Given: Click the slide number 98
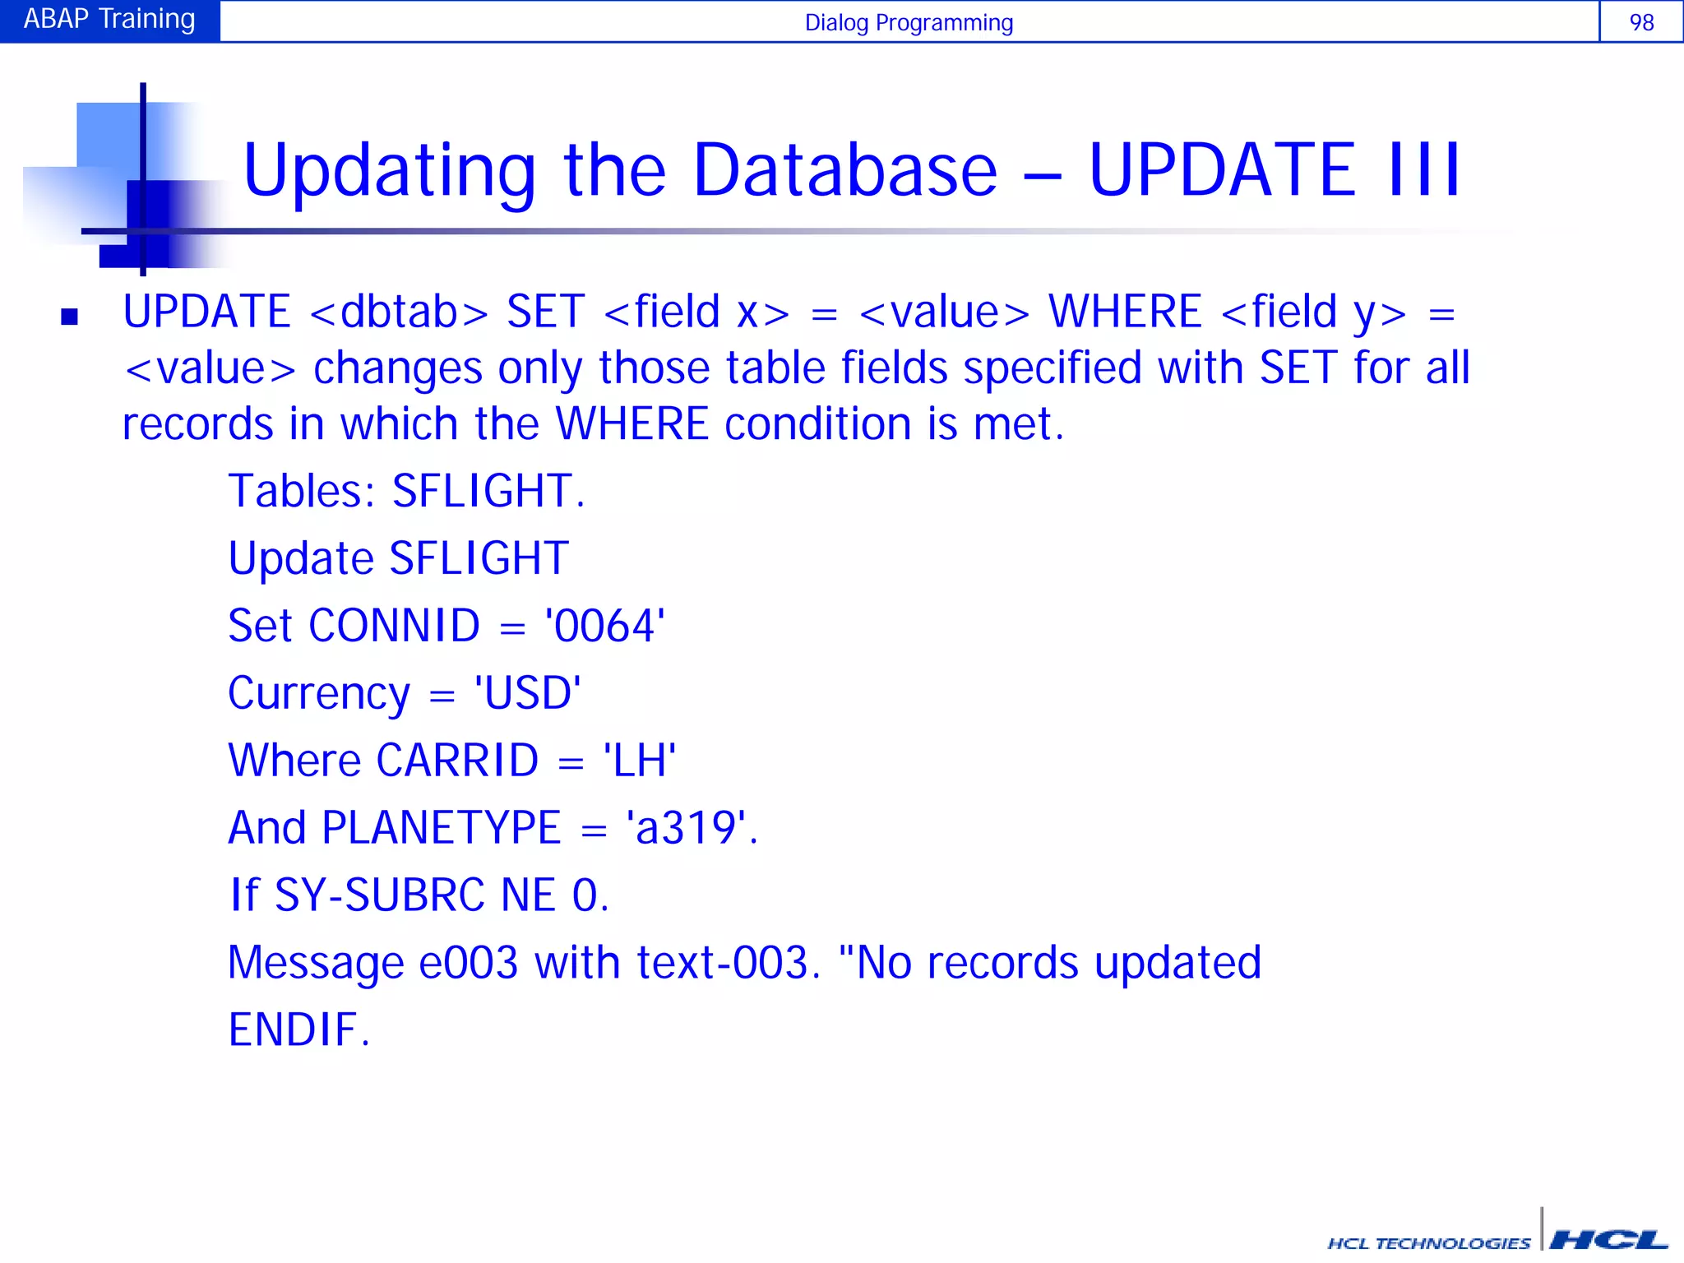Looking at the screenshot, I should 1641,22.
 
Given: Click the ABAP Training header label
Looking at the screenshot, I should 109,19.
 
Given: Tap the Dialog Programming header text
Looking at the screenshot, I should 909,23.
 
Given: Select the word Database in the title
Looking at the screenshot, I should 845,170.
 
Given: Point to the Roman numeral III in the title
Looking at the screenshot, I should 1425,170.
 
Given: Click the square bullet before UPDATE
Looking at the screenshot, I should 70,317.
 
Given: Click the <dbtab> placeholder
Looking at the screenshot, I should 399,313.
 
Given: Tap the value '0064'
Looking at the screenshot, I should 605,627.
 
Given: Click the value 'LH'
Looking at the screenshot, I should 640,761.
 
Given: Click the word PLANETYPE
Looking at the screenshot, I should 442,829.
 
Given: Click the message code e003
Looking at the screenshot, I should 468,963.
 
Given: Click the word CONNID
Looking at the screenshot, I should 394,627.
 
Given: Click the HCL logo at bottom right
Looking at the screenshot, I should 1608,1240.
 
